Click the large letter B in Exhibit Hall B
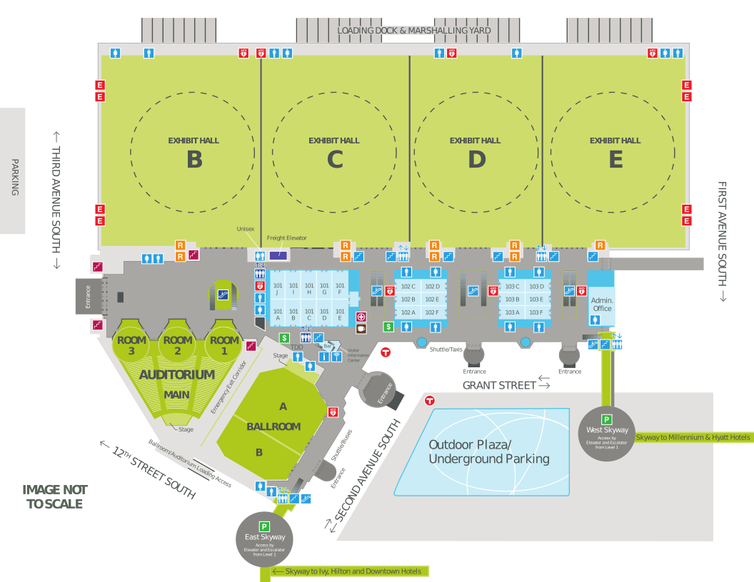(x=194, y=160)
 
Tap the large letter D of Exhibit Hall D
(x=476, y=160)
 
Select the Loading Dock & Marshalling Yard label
(x=414, y=31)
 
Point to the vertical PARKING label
(x=14, y=177)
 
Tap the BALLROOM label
(x=273, y=427)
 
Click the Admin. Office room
(x=602, y=305)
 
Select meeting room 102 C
(x=408, y=287)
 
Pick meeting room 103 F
(x=536, y=312)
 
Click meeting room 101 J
(x=278, y=289)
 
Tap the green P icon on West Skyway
(x=606, y=419)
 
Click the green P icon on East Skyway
(x=265, y=526)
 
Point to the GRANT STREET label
(x=499, y=385)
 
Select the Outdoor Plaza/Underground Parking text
(x=489, y=451)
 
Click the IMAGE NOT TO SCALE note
(x=55, y=496)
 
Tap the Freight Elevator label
(x=286, y=238)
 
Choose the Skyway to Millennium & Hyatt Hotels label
(x=693, y=437)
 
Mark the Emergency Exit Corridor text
(x=222, y=387)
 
